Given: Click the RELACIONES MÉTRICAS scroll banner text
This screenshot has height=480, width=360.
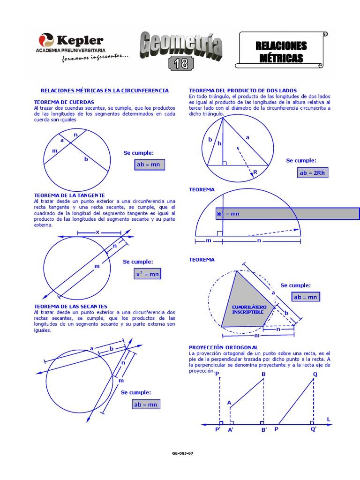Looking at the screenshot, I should coord(281,52).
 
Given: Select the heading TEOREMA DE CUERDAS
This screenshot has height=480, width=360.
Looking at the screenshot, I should coord(64,102).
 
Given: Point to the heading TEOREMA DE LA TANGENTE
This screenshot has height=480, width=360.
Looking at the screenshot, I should coord(69,195).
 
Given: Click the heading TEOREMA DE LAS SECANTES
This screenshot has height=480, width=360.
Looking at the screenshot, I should coord(71,306).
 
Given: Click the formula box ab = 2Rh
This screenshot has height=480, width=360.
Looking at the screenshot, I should coord(313,173).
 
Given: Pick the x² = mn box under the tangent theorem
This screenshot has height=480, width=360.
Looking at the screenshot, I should coord(147,274).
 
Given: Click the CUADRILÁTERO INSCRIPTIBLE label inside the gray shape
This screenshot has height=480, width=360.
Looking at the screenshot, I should coord(249,309).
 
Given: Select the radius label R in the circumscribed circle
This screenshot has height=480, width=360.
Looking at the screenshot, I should coord(255,172).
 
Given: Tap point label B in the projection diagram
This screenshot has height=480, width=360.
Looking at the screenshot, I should coord(263,374).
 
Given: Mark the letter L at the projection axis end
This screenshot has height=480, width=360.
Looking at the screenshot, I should coord(329,418).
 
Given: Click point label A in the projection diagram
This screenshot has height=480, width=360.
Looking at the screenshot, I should coord(229,403).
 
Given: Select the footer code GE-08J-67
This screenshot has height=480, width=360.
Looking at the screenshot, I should coord(183,454).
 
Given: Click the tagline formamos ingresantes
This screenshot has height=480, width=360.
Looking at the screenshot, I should coord(95,57).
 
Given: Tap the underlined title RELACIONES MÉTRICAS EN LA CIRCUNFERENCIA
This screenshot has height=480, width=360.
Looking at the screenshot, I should coord(105,90).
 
